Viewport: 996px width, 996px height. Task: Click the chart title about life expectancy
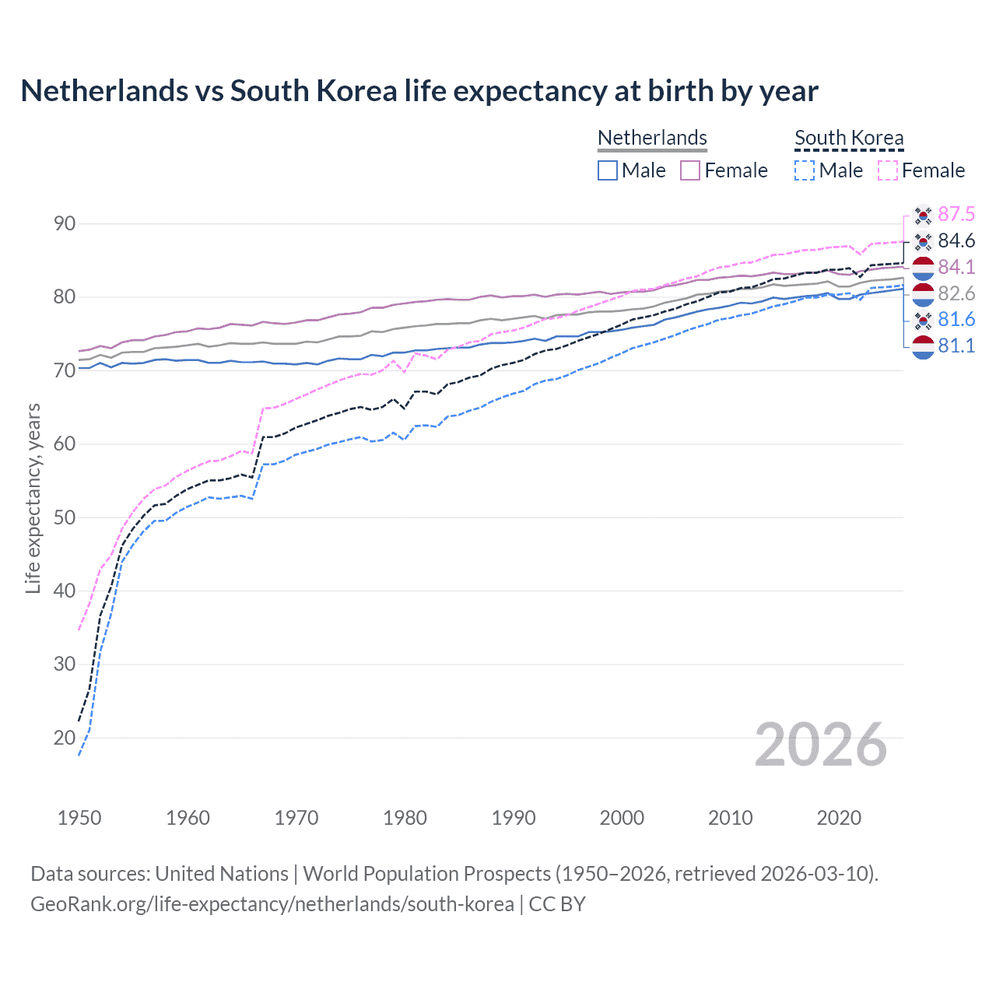coord(419,91)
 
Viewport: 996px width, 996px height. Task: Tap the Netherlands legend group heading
coord(652,138)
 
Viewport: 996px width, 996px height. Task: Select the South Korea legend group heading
coord(849,138)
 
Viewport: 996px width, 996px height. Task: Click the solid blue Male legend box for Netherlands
coord(608,170)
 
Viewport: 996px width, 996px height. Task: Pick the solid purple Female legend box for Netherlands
coord(690,170)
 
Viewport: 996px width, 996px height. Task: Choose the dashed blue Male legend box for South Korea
coord(805,170)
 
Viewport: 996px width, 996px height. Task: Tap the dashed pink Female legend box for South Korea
coord(888,170)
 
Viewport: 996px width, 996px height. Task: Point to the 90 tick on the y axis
coord(65,224)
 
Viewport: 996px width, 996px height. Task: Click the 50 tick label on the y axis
coord(65,517)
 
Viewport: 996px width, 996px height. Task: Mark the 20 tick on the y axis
coord(65,738)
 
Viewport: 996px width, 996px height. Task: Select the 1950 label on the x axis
coord(79,818)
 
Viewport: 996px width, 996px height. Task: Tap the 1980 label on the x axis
coord(405,818)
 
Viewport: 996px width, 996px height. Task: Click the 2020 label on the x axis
coord(839,818)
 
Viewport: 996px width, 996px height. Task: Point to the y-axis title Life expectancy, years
coord(33,498)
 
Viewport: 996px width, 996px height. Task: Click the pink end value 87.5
coord(956,215)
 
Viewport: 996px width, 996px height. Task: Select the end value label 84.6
coord(956,241)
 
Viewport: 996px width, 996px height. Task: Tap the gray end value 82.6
coord(956,293)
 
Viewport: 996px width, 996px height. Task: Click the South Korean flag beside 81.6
coord(923,320)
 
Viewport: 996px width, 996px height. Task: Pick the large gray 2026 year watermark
coord(821,745)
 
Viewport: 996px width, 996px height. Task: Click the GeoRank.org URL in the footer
coord(272,904)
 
